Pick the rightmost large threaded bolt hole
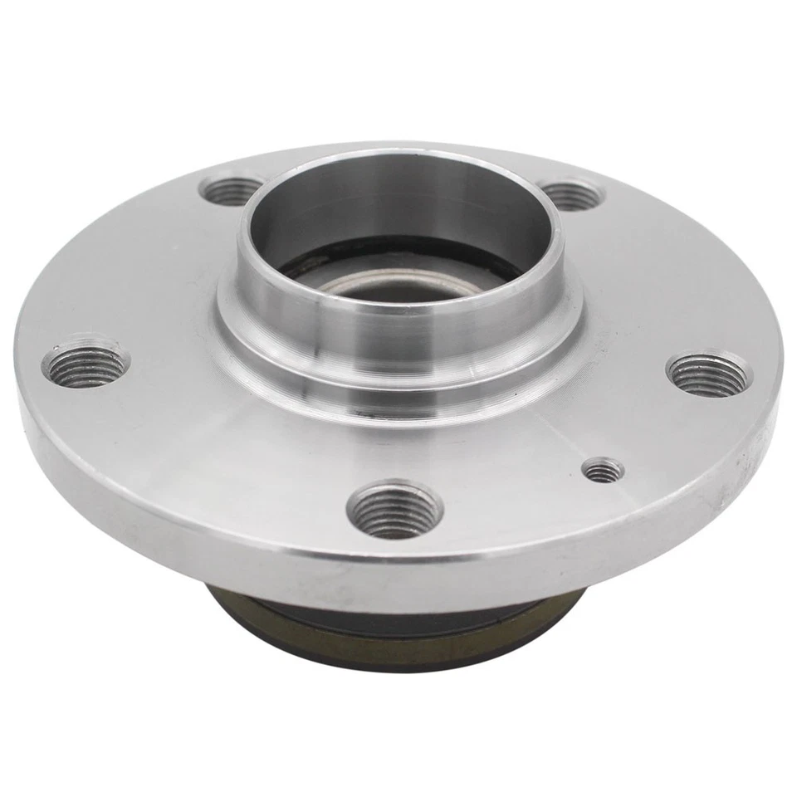tap(708, 374)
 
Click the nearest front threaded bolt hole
tap(394, 510)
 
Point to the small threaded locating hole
tap(603, 472)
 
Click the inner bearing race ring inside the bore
tap(349, 278)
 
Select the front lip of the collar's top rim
tap(398, 306)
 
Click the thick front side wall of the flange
tap(249, 540)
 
